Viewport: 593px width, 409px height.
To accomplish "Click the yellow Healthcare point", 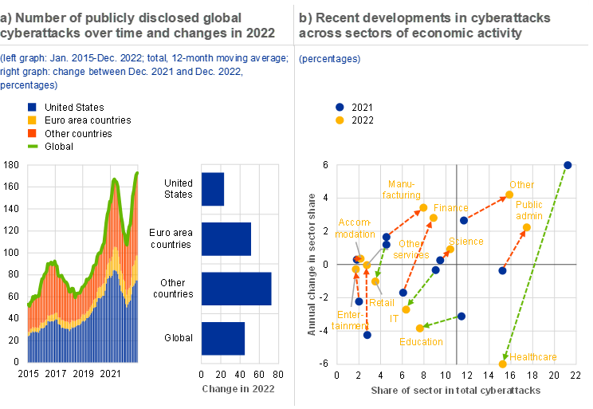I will (503, 364).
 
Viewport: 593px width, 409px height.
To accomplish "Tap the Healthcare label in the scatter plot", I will (533, 357).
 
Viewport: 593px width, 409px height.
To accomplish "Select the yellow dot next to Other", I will (509, 195).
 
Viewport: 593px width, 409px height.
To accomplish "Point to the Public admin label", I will (529, 210).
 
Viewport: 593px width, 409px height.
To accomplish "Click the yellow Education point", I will (420, 328).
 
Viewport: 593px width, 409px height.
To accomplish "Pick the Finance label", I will (451, 208).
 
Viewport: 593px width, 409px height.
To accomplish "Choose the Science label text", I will (466, 242).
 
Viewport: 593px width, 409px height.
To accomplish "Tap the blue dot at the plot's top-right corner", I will (567, 165).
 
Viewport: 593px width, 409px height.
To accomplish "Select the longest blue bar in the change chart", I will (237, 289).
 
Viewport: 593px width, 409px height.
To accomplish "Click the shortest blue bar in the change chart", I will (214, 189).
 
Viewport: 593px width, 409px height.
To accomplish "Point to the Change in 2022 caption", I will (238, 389).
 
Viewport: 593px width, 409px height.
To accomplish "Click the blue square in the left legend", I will (32, 107).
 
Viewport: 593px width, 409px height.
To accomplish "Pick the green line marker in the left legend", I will (32, 146).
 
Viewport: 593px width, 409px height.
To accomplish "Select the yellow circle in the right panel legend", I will (340, 120).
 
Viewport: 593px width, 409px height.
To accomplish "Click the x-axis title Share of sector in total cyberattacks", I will (456, 391).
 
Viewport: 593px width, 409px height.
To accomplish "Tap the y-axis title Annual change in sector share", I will (312, 263).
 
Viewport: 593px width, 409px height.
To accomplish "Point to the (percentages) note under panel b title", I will (329, 59).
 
